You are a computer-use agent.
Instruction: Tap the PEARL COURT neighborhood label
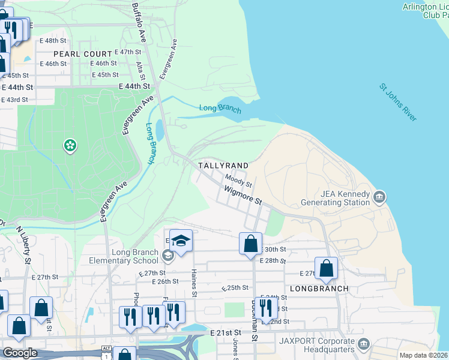[82, 54]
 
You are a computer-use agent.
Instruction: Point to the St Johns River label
[397, 103]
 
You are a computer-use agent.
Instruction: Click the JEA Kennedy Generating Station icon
[379, 197]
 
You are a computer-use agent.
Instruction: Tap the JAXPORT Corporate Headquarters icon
[363, 344]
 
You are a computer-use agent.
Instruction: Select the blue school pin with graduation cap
[181, 241]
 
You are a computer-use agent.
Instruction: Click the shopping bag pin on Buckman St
[250, 244]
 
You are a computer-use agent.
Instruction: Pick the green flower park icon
[70, 145]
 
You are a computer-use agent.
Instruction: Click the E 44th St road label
[134, 86]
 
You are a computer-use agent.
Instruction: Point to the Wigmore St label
[243, 195]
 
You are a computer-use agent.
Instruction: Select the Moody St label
[238, 179]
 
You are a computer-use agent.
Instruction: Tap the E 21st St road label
[225, 332]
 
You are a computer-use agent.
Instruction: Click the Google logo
[20, 353]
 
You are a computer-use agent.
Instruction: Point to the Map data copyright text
[423, 355]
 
